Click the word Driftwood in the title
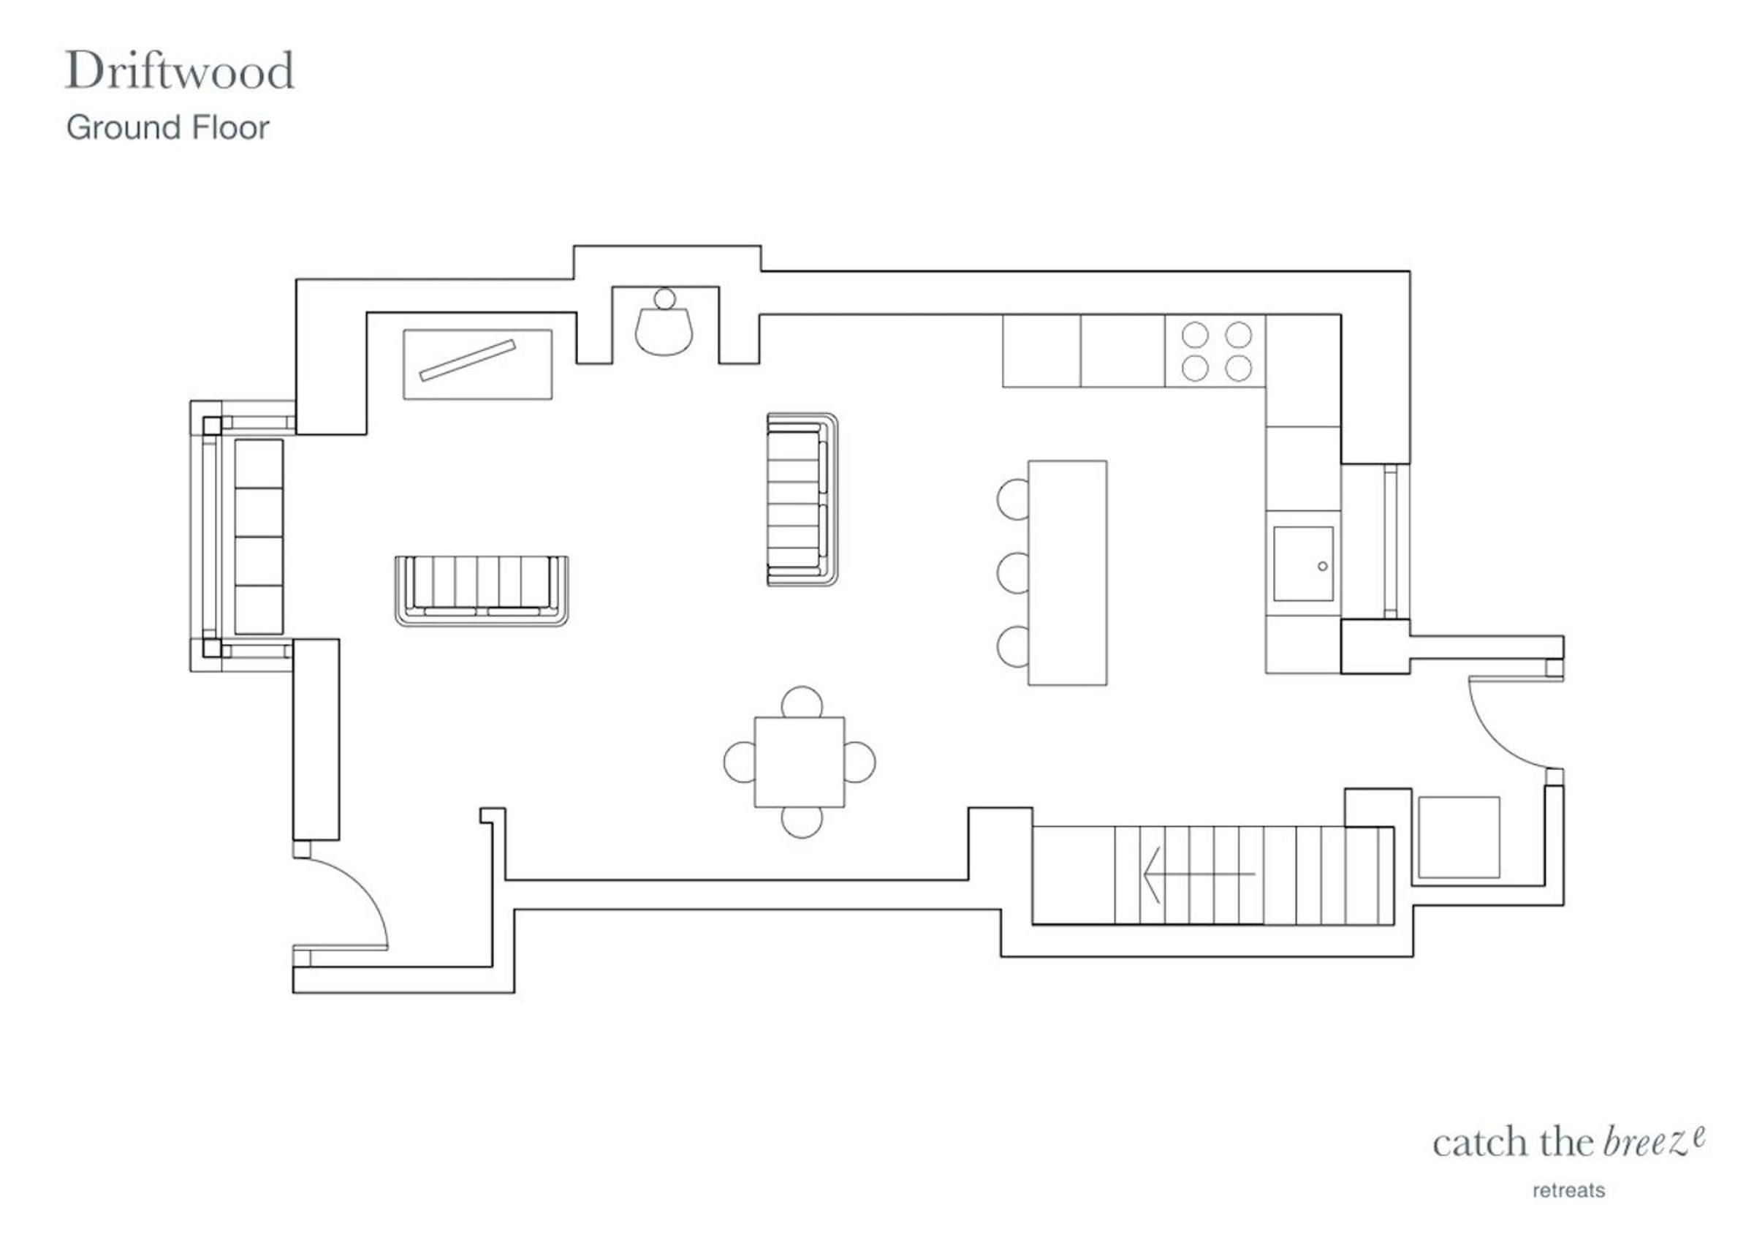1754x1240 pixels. click(180, 70)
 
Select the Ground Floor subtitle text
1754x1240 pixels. click(168, 128)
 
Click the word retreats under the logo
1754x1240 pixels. click(1569, 1190)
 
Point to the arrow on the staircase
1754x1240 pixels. click(1199, 874)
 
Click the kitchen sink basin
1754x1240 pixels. click(1303, 564)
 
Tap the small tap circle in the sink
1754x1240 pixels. click(1322, 566)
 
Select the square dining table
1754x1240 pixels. click(799, 762)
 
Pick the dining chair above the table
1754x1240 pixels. click(802, 702)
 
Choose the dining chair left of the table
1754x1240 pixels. click(739, 762)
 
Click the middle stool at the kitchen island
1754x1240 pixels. click(1012, 572)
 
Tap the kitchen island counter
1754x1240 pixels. click(1067, 572)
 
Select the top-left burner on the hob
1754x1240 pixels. click(1195, 335)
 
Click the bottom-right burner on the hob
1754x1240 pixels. click(1238, 368)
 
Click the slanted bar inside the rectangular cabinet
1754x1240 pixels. click(468, 360)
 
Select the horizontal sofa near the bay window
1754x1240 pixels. click(482, 591)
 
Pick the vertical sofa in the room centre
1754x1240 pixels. click(802, 499)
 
